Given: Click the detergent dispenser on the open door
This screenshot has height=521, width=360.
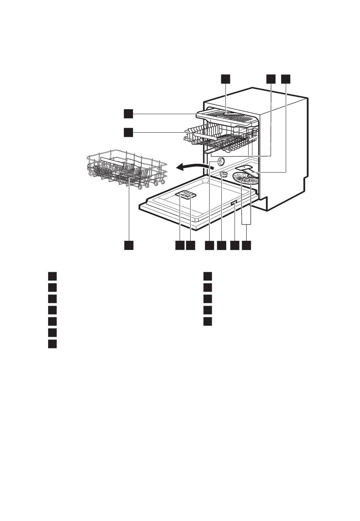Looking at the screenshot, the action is [x=186, y=195].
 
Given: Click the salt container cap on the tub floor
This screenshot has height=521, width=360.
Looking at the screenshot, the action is [x=224, y=174].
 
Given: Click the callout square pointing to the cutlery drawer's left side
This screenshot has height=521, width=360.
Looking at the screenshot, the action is [x=128, y=113].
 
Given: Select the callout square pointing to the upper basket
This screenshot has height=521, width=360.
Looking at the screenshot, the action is [x=128, y=132].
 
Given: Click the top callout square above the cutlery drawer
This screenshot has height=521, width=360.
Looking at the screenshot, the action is [x=226, y=78].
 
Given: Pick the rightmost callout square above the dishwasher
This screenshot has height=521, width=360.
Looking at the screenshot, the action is [x=285, y=78].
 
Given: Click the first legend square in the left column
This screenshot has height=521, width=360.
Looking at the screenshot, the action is [x=52, y=276].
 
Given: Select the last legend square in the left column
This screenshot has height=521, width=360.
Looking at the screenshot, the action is [x=52, y=344].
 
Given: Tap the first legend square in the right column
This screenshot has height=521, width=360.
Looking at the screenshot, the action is [x=207, y=276].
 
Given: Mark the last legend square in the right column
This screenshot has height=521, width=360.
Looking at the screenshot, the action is [x=207, y=321].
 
